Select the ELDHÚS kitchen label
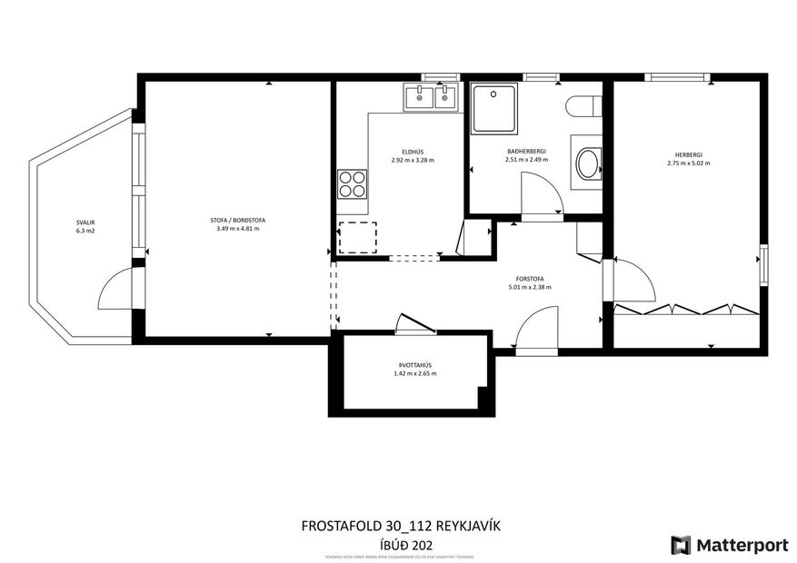413,152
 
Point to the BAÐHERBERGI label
526,152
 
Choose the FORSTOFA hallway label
530,279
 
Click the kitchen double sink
432,96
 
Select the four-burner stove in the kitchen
352,184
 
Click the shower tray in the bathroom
494,109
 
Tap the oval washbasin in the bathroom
588,164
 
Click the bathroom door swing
542,193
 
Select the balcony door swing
116,288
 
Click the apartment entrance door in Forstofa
536,329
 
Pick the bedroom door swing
633,281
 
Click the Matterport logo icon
681,545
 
